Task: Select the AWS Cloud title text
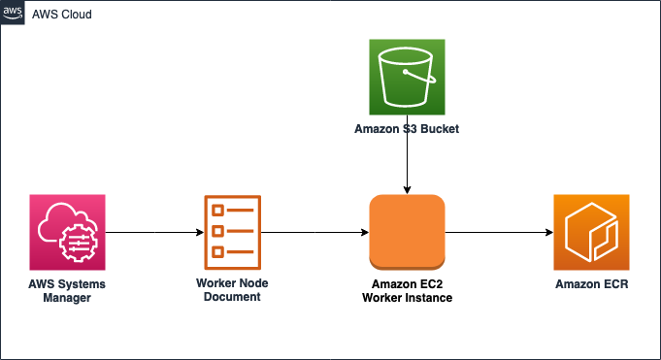click(62, 15)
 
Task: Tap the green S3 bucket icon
click(407, 77)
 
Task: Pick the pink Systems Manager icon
click(67, 233)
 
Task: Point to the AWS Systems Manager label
click(67, 290)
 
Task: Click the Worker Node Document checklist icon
click(231, 233)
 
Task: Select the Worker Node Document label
click(232, 290)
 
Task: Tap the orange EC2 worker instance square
click(407, 233)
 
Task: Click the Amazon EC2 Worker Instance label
click(407, 290)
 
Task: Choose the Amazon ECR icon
click(591, 233)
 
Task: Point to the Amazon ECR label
click(591, 283)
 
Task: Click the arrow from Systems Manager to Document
click(153, 233)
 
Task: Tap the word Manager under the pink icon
click(67, 297)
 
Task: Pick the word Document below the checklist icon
click(232, 297)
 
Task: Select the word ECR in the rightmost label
click(613, 283)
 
